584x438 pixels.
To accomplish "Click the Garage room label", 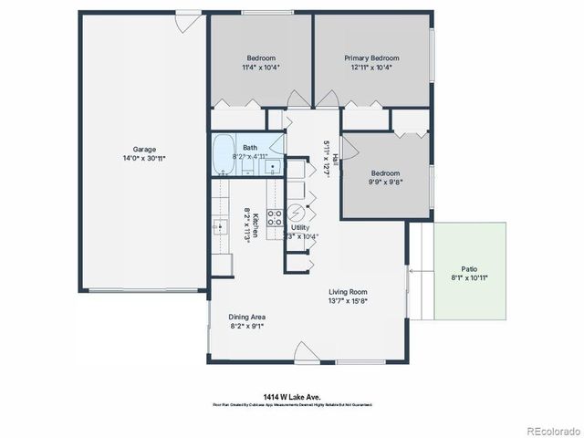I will click(144, 150).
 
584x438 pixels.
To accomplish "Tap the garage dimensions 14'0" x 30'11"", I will click(144, 159).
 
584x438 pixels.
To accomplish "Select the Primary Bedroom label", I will click(371, 58).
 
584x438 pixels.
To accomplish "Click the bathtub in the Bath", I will click(224, 155).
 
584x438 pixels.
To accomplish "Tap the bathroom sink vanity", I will click(272, 169).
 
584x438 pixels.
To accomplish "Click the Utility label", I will click(300, 227).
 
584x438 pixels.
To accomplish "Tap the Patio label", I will click(469, 268).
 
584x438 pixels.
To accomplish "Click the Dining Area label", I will click(246, 317).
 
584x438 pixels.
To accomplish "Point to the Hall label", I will click(335, 158).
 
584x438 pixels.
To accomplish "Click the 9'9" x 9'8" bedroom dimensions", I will click(386, 182).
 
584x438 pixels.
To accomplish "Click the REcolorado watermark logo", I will click(551, 430).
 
